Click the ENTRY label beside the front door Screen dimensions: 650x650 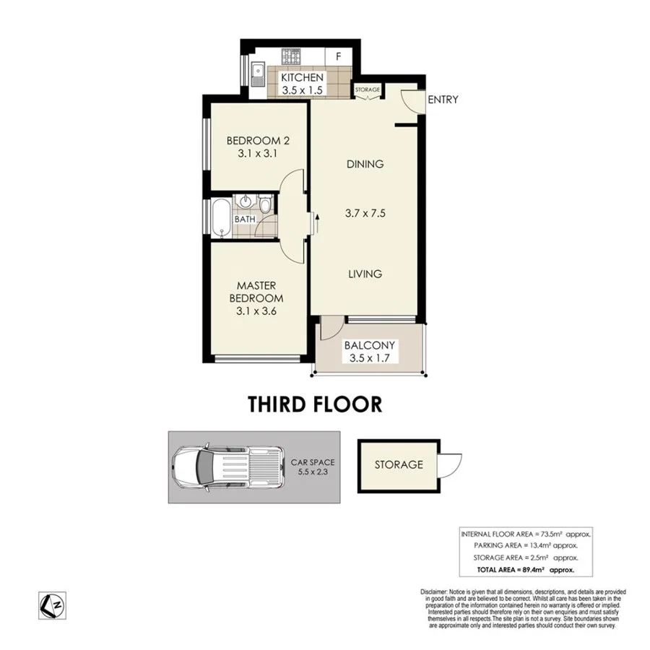(x=443, y=100)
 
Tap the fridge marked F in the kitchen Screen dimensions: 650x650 (x=337, y=56)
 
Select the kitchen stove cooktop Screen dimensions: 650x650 (x=292, y=56)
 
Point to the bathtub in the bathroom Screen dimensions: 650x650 (x=220, y=217)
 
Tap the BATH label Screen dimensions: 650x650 (x=244, y=219)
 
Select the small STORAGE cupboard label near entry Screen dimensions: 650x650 (x=368, y=90)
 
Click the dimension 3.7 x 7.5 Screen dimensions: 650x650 (x=364, y=213)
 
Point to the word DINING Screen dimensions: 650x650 (x=364, y=164)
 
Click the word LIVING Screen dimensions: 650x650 (x=364, y=274)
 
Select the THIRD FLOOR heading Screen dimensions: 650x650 (x=315, y=404)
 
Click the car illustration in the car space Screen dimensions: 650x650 (x=225, y=467)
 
